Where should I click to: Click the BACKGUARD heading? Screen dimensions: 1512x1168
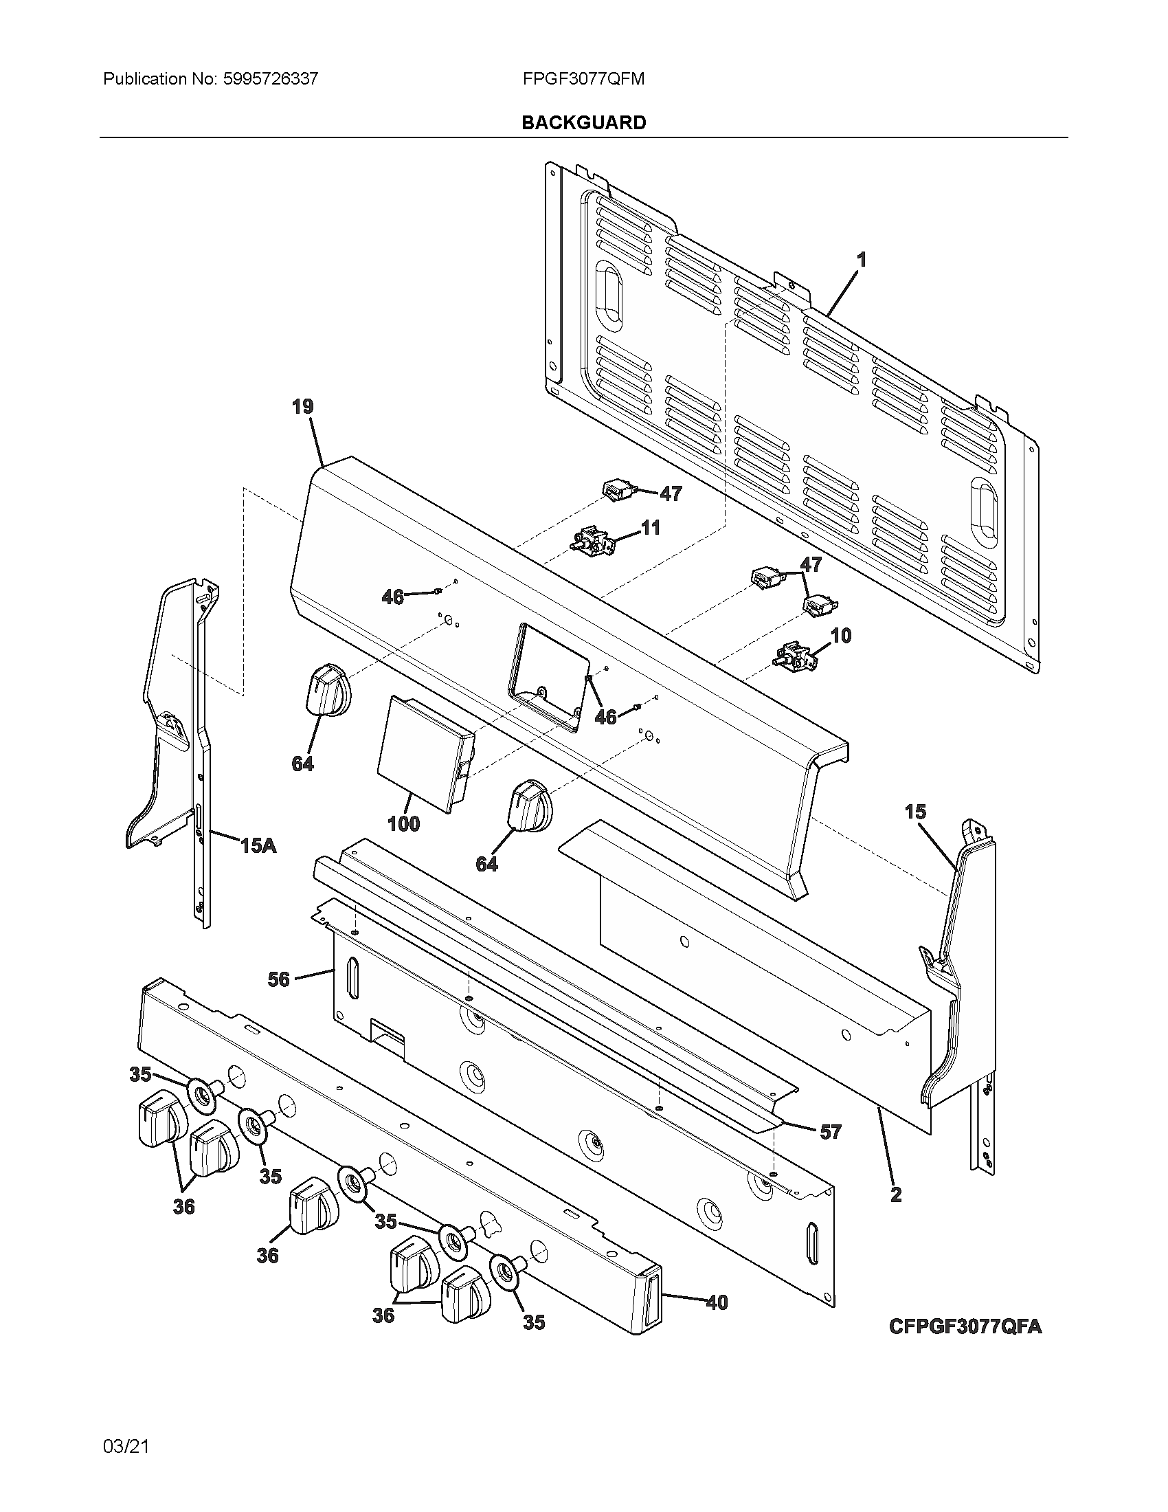583,122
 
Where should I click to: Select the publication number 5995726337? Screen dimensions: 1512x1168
271,79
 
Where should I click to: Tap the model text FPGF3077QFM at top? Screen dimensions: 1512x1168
583,79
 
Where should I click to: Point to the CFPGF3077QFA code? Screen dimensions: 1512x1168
965,1326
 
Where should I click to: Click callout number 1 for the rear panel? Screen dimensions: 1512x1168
861,260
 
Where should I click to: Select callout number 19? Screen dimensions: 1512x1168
302,406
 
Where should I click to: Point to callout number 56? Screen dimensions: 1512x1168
278,979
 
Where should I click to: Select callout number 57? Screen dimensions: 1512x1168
830,1132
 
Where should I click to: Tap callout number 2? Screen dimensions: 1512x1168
895,1194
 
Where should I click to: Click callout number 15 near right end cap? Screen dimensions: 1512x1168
914,812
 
